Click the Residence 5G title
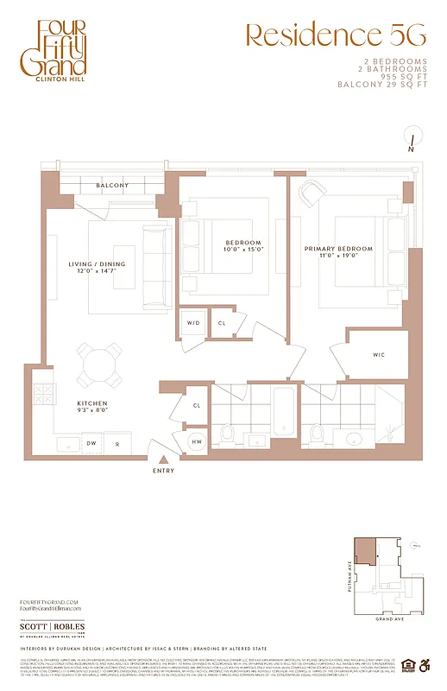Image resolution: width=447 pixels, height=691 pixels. [x=336, y=35]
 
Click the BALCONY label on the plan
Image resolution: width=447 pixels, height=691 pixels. [x=112, y=186]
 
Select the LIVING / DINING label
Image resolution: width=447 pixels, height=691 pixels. [x=97, y=264]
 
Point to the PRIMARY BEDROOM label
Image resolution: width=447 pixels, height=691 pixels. [x=338, y=249]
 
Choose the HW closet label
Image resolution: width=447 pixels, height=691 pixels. [x=197, y=441]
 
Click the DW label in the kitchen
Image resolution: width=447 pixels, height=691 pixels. [x=91, y=444]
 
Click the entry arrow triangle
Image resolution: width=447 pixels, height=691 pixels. [x=162, y=460]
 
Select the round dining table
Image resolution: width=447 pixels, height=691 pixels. [x=98, y=365]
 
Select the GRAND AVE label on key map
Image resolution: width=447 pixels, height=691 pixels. [x=387, y=619]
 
